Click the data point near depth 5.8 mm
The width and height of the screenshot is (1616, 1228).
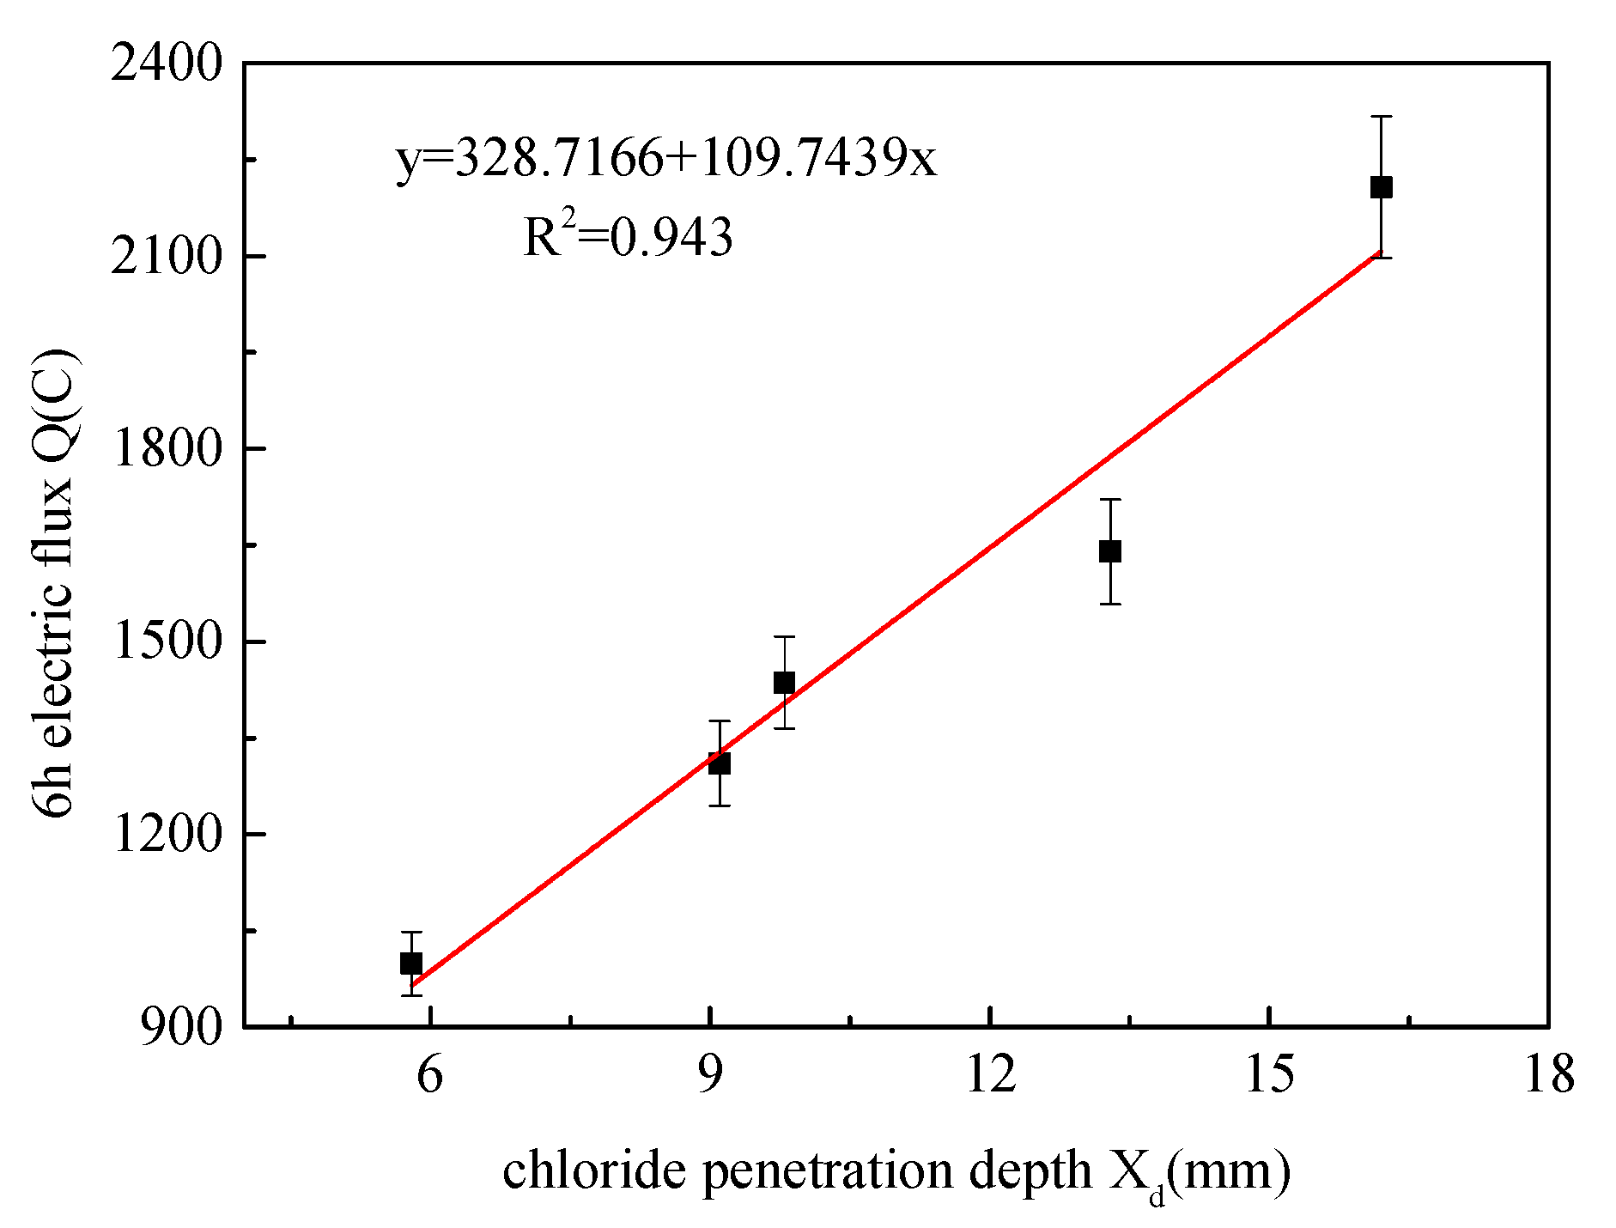pos(411,964)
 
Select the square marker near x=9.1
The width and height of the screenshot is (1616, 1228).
pos(720,763)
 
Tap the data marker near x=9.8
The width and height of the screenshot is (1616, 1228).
pos(784,683)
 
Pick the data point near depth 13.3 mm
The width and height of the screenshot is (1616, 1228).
pos(1110,551)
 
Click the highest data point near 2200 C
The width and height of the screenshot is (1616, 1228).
pos(1381,187)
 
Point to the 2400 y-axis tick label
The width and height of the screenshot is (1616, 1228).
pos(167,64)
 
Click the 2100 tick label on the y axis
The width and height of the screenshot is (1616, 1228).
pos(167,256)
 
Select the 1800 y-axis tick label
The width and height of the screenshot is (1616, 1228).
pos(167,448)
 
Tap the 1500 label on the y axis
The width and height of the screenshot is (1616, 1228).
pos(167,641)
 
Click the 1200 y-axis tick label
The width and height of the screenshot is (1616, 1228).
pos(167,834)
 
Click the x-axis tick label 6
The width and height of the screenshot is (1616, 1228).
pos(429,1073)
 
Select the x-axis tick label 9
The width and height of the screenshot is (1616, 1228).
pos(710,1073)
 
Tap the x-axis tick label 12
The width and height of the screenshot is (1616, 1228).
pos(990,1073)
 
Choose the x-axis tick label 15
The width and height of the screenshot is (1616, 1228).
pos(1270,1073)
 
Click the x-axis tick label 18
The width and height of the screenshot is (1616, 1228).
pos(1549,1073)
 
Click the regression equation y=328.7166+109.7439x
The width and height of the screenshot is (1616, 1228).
pos(666,159)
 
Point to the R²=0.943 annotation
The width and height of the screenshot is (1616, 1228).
pos(629,236)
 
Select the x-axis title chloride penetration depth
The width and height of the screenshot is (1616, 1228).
pos(896,1171)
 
